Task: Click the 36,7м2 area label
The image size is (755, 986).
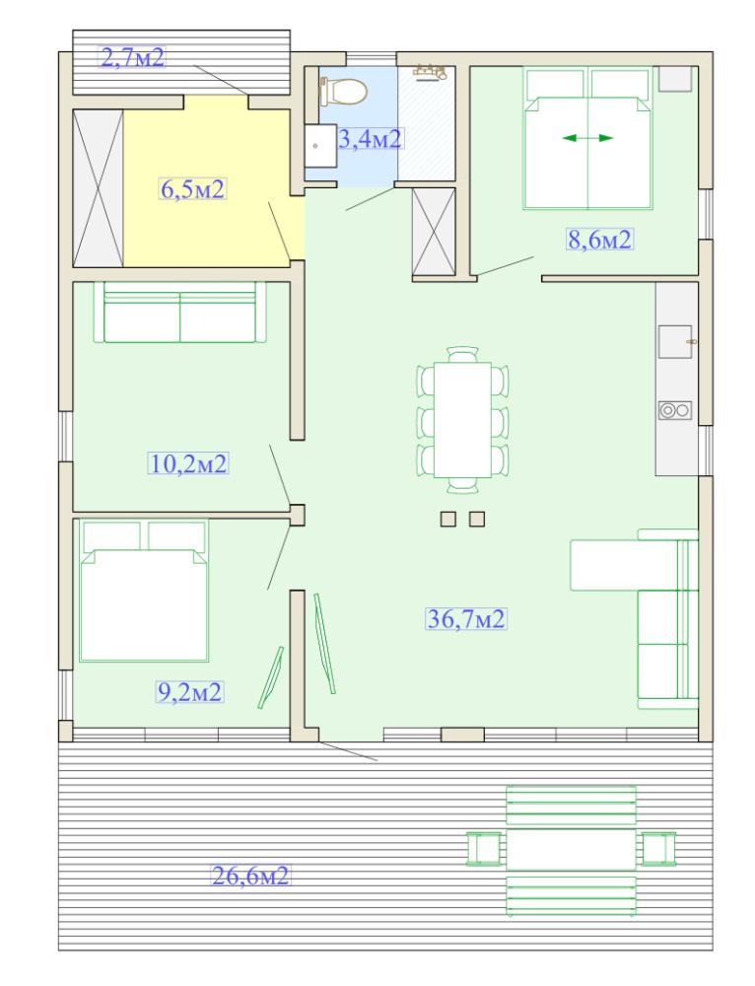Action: (466, 619)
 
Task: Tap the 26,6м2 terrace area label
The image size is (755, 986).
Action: (250, 875)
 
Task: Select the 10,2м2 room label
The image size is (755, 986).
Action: (188, 464)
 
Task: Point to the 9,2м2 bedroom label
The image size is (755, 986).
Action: (189, 692)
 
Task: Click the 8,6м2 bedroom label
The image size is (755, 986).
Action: (599, 240)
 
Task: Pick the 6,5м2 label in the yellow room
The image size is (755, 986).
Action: (192, 188)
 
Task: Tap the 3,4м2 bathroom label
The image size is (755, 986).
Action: (370, 138)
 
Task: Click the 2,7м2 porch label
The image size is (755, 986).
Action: (133, 57)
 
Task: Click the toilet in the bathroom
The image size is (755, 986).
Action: (343, 91)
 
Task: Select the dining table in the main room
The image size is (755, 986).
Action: (462, 419)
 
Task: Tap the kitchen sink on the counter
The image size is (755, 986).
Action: (675, 341)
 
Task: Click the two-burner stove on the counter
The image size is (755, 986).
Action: (675, 410)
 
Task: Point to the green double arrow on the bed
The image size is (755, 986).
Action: (587, 138)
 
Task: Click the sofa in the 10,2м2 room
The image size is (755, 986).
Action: (180, 312)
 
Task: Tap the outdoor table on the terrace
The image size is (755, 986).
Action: (571, 849)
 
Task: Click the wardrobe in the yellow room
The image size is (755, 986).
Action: (98, 188)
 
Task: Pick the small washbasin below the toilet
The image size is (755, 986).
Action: (320, 145)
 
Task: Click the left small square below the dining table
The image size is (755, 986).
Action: (448, 519)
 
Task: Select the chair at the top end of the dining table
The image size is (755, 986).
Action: (462, 353)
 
